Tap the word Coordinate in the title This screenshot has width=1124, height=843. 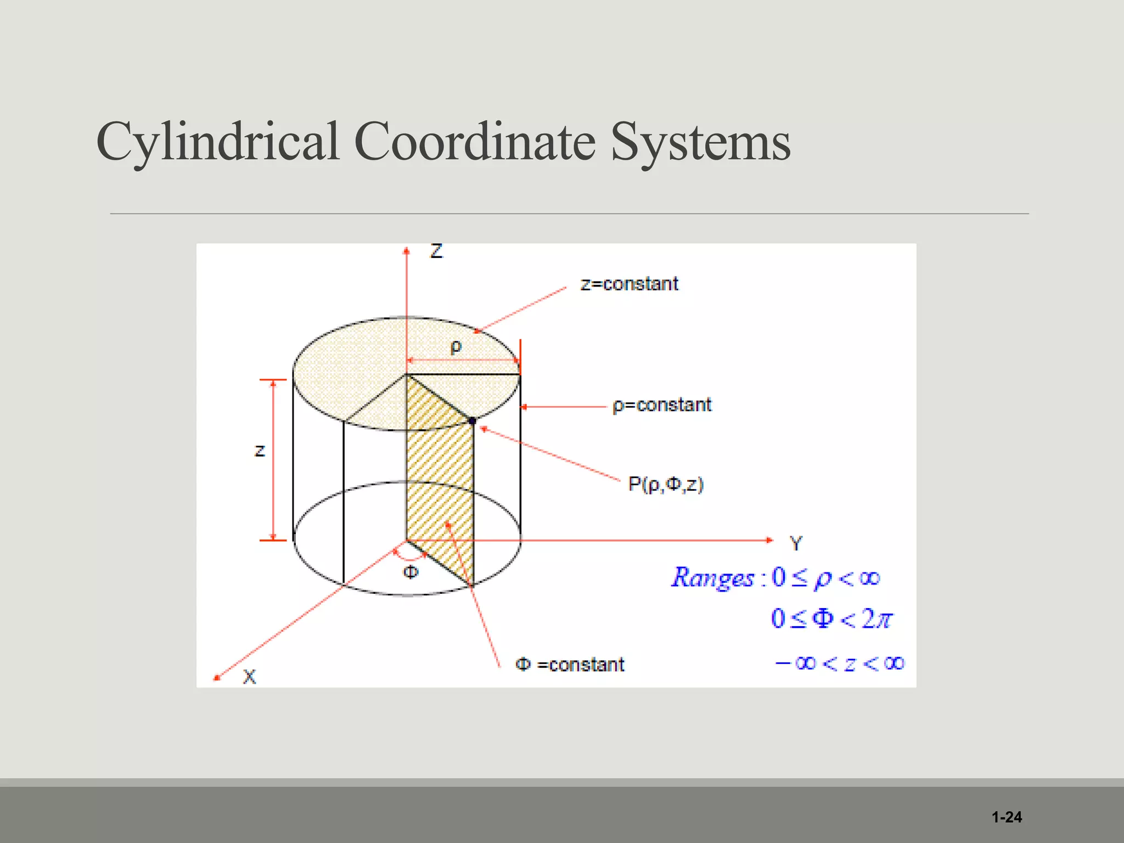(x=475, y=142)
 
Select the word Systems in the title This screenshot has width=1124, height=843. (x=700, y=142)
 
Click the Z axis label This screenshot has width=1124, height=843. (x=436, y=251)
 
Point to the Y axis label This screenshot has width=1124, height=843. (x=796, y=544)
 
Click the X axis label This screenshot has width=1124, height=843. (x=249, y=677)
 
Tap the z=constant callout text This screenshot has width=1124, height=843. (x=630, y=284)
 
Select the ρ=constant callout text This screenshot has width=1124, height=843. (x=662, y=405)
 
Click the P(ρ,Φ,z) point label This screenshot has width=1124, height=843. (x=666, y=485)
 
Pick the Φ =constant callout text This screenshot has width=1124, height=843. (x=570, y=665)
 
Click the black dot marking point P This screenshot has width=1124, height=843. (x=473, y=421)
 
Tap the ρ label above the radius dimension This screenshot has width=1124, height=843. (x=456, y=347)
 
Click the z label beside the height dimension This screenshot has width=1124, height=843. (x=260, y=451)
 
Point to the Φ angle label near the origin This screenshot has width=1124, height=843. (x=411, y=572)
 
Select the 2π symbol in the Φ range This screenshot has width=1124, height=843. (x=877, y=619)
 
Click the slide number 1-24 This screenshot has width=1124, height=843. (x=1007, y=817)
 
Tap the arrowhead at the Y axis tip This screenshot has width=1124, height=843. (x=769, y=540)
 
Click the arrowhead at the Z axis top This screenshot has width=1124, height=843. (x=407, y=251)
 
